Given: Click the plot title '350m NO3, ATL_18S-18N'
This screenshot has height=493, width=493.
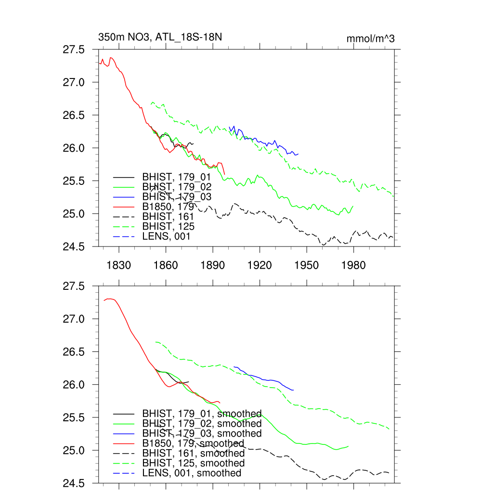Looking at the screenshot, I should click(160, 38).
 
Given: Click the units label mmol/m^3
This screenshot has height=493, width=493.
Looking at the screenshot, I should click(370, 39).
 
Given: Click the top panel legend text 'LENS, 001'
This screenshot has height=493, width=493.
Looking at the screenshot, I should click(166, 236).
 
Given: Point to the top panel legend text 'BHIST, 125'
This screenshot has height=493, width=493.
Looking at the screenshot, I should click(168, 226).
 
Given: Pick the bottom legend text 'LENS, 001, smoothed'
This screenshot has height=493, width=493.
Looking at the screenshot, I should click(192, 473).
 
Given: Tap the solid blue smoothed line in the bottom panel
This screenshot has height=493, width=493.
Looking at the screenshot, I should click(270, 379).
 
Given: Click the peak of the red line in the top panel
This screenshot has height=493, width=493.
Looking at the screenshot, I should click(111, 58).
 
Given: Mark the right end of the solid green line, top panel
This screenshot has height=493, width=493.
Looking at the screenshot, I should click(353, 206).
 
